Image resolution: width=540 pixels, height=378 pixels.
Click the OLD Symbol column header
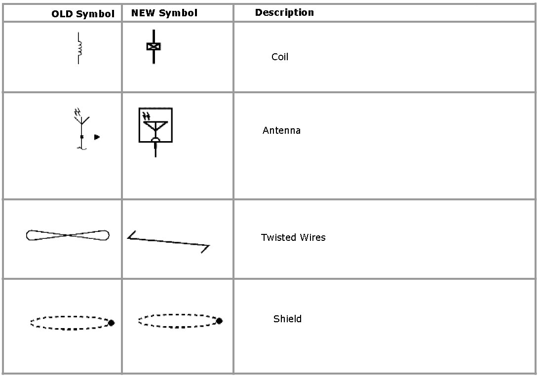coord(83,14)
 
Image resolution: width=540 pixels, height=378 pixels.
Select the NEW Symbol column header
coord(164,13)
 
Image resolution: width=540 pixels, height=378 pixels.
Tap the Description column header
coord(284,12)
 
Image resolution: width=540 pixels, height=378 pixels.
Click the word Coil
coord(280,57)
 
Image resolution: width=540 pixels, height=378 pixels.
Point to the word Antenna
coord(281,130)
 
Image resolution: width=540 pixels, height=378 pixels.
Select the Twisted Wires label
coord(293,237)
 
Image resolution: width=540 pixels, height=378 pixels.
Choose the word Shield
coord(287,319)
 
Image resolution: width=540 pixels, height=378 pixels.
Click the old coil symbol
coord(79,48)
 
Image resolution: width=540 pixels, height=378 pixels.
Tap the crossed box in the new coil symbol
coord(154,46)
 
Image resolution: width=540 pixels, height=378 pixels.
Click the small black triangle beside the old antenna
coord(97,137)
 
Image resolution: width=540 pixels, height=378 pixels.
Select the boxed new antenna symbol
coord(155,126)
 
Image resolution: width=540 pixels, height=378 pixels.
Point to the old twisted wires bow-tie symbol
coord(68,235)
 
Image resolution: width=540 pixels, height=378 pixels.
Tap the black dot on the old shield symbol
coord(111,323)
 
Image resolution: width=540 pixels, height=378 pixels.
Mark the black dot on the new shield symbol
coord(219,321)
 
